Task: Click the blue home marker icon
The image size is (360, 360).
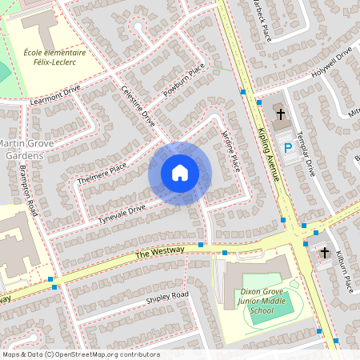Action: point(180,173)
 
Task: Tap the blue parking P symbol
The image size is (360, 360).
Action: point(288,148)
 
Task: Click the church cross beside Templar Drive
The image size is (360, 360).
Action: point(280,115)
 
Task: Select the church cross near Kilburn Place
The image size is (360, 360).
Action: point(325,254)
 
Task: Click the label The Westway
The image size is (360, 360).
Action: point(159,252)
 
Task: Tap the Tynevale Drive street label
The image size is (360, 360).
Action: point(121,214)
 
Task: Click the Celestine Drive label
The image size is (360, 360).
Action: point(138,107)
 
